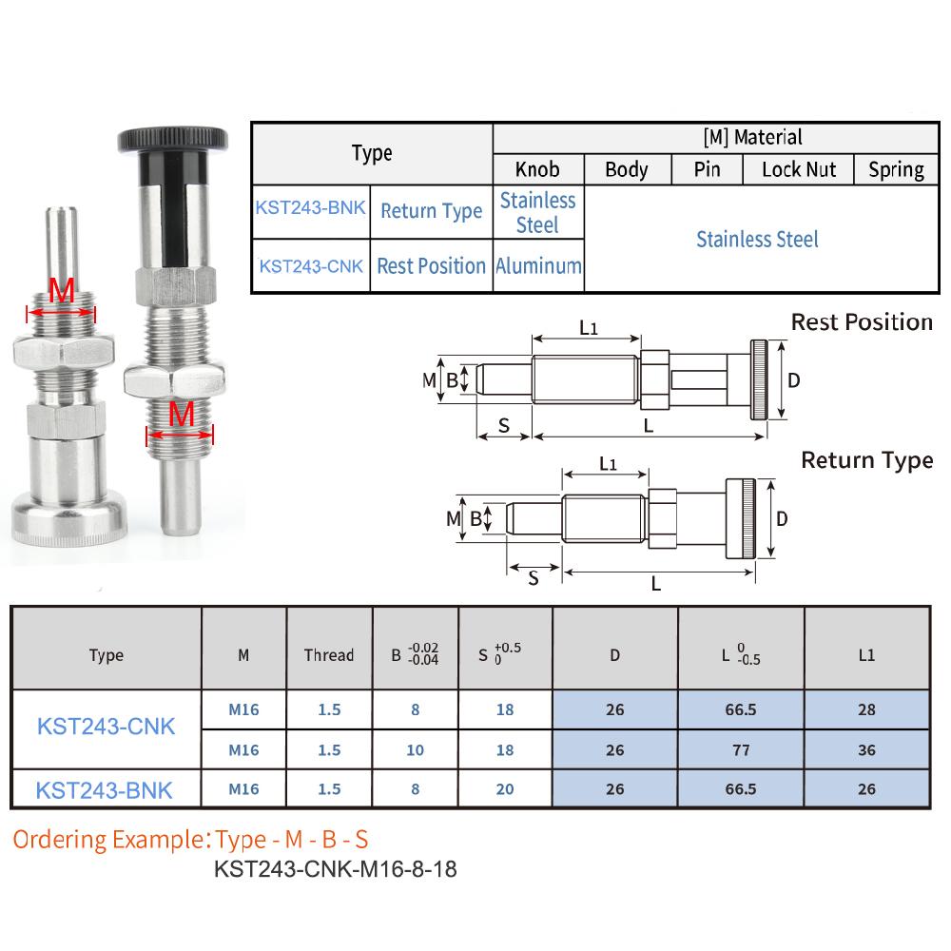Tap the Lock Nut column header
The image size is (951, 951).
tap(799, 169)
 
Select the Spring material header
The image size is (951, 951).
tap(896, 169)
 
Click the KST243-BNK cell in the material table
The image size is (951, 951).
tap(310, 205)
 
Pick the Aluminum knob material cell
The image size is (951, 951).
tap(538, 266)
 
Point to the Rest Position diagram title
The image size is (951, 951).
tap(862, 322)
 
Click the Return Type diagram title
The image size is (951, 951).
tap(866, 460)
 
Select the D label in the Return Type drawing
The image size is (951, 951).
tap(782, 518)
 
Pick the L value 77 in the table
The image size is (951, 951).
tap(741, 750)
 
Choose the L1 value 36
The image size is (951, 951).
tap(866, 750)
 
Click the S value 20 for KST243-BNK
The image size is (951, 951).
tap(505, 789)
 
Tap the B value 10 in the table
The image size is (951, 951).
tap(415, 750)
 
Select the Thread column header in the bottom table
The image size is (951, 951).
tap(328, 655)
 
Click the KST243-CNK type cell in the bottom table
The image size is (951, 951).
tap(106, 727)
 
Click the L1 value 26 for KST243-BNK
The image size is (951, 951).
tap(866, 789)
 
